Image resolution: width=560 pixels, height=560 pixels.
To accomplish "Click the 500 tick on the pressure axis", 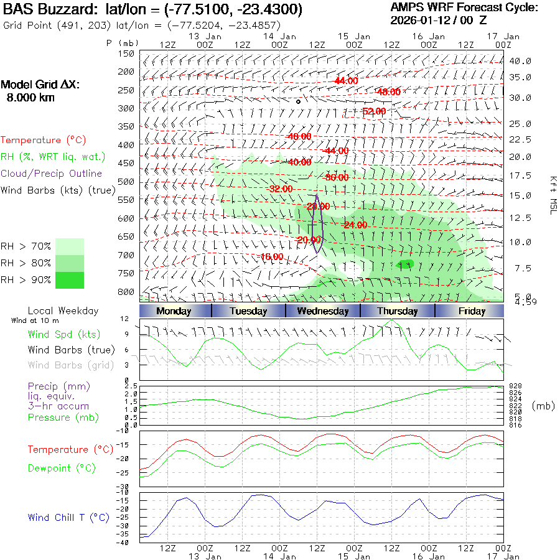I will (x=126, y=182).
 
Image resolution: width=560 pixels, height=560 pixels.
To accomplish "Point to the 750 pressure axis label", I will (x=126, y=273).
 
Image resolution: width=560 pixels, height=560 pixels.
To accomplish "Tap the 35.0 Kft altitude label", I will (x=520, y=77).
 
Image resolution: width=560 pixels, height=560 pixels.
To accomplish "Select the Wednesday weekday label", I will (x=322, y=311).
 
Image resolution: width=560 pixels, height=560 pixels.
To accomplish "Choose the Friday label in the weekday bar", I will (x=471, y=311).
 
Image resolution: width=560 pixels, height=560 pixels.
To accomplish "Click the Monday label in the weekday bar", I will (x=174, y=311).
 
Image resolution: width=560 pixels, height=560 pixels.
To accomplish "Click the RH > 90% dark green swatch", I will (x=70, y=280).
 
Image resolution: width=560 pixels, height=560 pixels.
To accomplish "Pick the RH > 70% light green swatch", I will (x=70, y=246).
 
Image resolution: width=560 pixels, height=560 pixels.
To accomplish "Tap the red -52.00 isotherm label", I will (x=374, y=111).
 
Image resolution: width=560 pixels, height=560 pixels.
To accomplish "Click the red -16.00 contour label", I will (x=271, y=256).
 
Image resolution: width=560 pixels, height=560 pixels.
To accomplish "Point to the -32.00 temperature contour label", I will (x=279, y=189).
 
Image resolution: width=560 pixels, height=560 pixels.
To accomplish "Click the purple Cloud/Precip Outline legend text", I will (x=51, y=174).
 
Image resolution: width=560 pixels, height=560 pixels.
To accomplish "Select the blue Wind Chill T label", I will (x=68, y=518).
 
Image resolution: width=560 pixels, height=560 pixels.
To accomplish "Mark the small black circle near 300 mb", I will (x=299, y=101).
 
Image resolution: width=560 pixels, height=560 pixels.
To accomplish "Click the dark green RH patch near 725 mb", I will (x=405, y=264).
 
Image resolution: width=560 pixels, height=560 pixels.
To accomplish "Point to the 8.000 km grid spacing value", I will (x=30, y=98).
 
